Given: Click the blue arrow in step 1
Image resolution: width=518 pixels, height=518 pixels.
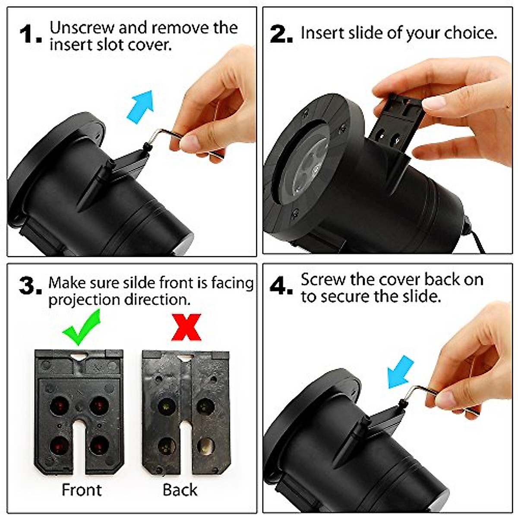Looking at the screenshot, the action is pos(141,106).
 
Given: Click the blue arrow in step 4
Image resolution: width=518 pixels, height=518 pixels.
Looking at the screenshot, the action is pos(400,372).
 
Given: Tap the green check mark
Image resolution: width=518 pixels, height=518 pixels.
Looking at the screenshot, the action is pos(81,327).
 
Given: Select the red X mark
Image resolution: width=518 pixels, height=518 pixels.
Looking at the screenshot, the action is pos(186,327).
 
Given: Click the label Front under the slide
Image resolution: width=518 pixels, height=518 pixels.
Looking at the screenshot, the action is pos(82,490).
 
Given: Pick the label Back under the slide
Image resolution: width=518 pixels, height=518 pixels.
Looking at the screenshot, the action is pos(180,490).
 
